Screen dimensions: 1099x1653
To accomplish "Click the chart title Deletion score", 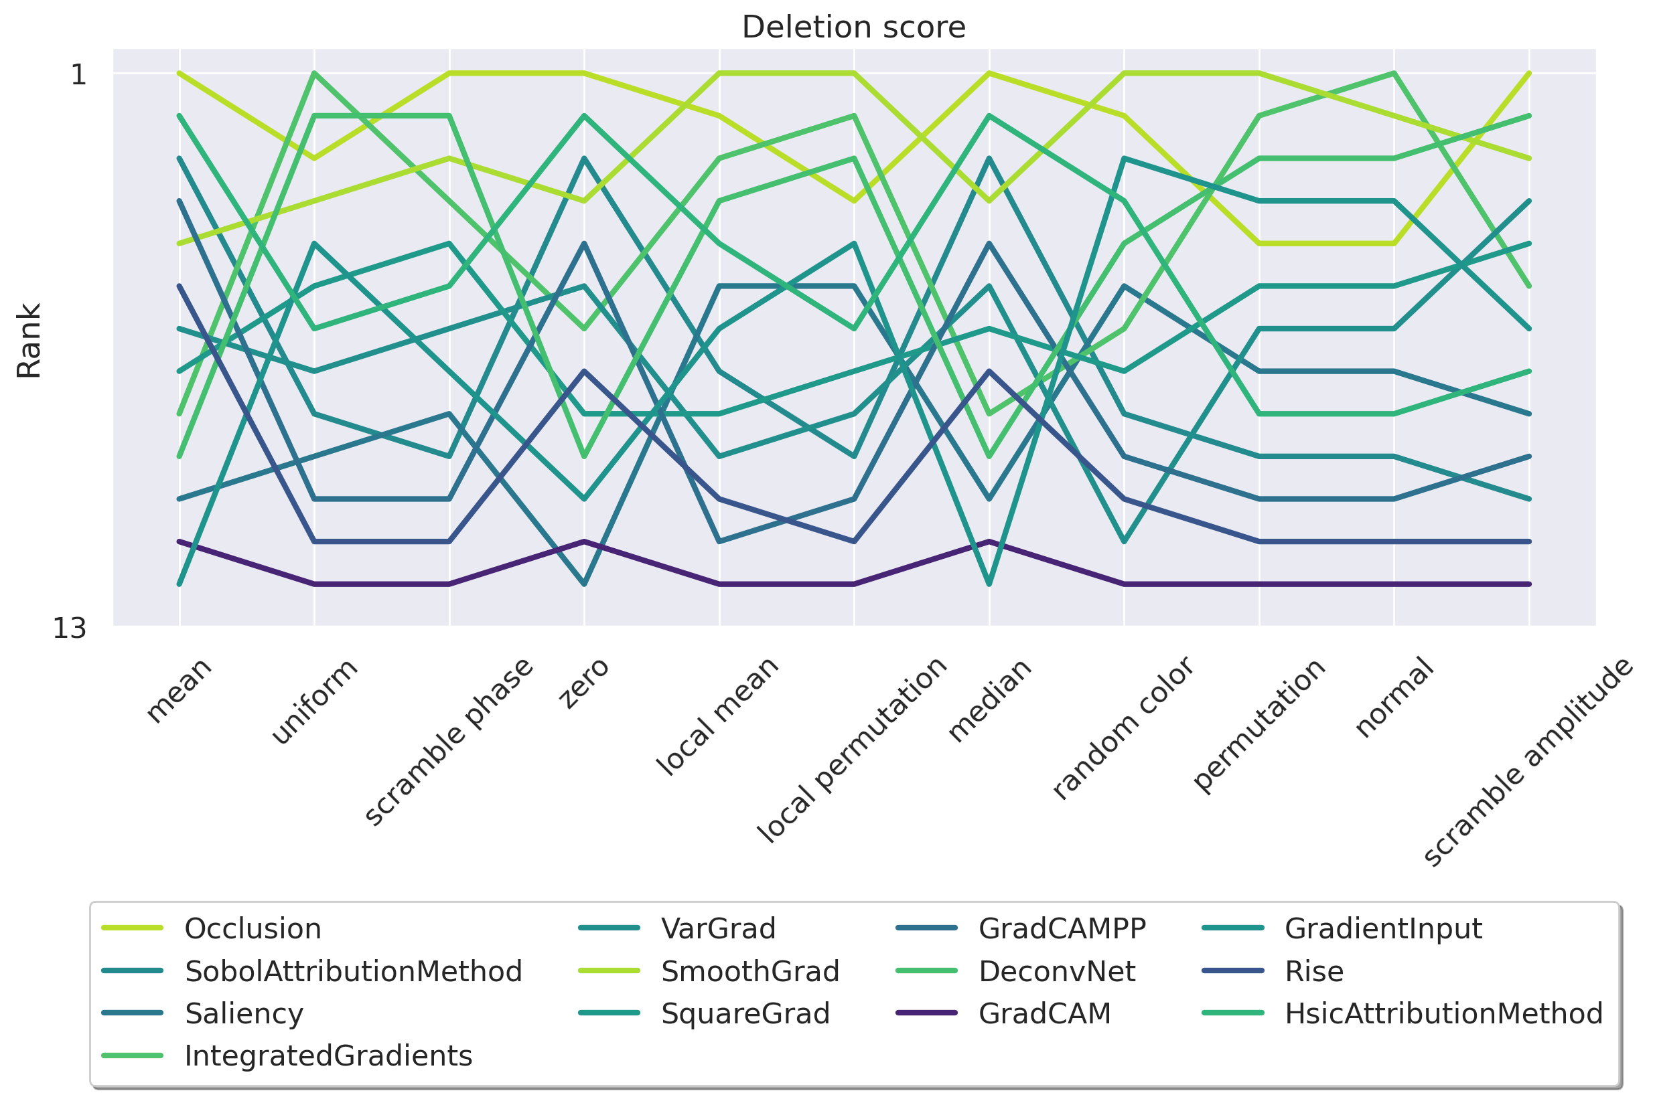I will coord(853,27).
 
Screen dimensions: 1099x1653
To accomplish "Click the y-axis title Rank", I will coord(29,341).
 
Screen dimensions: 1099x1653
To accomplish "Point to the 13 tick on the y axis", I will coord(70,628).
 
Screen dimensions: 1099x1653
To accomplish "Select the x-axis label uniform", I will coord(314,701).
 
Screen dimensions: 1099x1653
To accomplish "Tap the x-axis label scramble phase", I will coord(449,742).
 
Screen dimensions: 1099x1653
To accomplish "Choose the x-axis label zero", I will coord(583,683).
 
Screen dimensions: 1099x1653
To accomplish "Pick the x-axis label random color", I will coord(1122,728).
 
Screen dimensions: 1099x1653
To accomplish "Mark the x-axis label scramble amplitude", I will coord(1529,762).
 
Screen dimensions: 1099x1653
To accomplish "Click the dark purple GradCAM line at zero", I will coord(584,541).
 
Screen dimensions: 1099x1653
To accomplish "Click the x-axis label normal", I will coord(1394,697).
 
